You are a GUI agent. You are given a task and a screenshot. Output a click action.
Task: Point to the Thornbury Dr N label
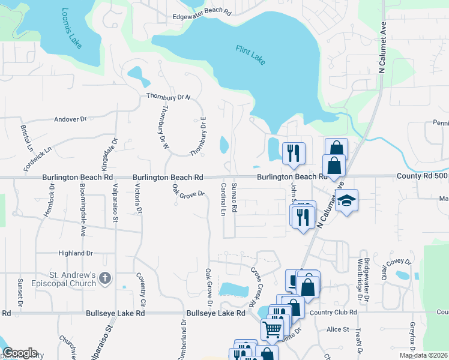[168, 96]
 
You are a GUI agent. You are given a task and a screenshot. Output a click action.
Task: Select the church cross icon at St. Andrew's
[105, 277]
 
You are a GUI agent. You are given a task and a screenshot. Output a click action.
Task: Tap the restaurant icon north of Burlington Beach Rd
[294, 152]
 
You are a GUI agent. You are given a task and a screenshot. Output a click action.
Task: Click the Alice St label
[337, 329]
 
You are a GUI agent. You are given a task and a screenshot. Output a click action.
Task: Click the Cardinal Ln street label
[222, 199]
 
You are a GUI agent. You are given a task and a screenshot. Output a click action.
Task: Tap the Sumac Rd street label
[235, 197]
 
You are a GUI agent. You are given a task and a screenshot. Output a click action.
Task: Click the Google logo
[20, 353]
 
